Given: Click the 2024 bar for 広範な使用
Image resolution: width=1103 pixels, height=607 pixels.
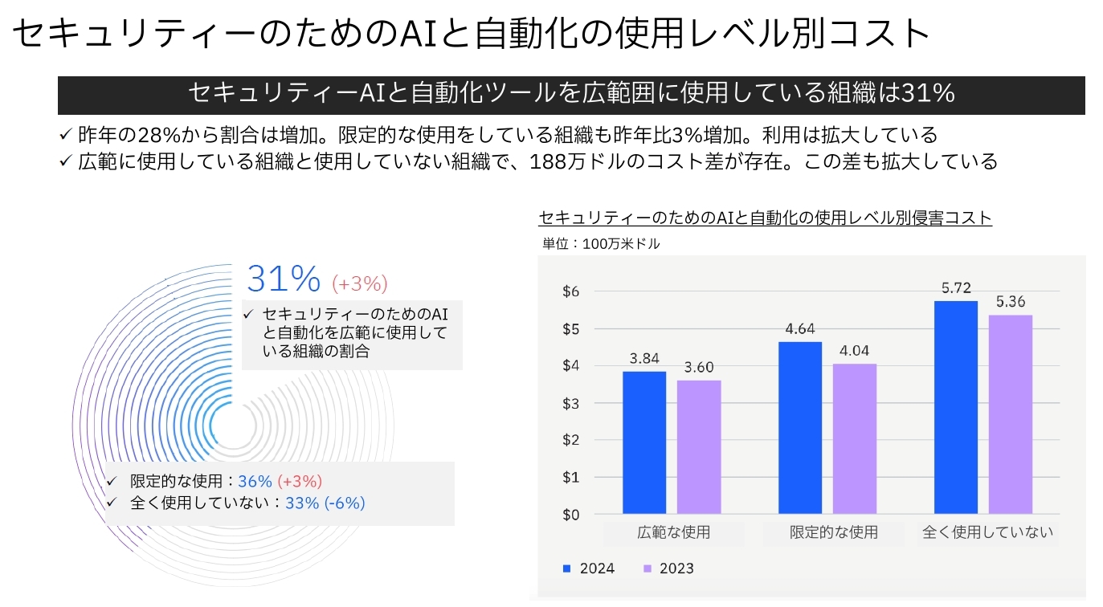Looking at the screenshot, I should pyautogui.click(x=644, y=442).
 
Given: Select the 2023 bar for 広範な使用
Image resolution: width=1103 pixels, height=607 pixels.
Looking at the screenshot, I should pyautogui.click(x=699, y=447).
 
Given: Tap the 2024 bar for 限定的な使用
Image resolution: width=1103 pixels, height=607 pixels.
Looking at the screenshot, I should pyautogui.click(x=800, y=428).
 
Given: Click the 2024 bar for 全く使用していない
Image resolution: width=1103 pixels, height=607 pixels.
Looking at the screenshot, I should pyautogui.click(x=956, y=407).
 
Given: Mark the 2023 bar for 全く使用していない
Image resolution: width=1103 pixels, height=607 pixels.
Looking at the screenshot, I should pyautogui.click(x=1011, y=414).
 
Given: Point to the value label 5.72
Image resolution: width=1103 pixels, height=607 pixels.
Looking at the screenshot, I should pyautogui.click(x=956, y=288).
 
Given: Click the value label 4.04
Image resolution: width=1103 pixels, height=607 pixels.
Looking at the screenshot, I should pyautogui.click(x=855, y=351).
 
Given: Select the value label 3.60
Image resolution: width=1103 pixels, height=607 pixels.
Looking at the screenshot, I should pyautogui.click(x=699, y=367).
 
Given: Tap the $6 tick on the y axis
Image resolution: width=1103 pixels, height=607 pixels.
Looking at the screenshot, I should pyautogui.click(x=569, y=291).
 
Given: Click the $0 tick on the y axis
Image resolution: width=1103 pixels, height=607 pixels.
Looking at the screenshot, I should pyautogui.click(x=569, y=515).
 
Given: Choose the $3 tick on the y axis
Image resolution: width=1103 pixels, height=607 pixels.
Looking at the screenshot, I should pyautogui.click(x=569, y=403).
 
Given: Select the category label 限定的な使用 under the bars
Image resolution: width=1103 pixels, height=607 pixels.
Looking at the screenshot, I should pyautogui.click(x=833, y=532).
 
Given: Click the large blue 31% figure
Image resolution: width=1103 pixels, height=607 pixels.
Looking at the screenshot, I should pyautogui.click(x=284, y=279).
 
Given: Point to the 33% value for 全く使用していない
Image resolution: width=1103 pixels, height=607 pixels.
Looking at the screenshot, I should pyautogui.click(x=302, y=503).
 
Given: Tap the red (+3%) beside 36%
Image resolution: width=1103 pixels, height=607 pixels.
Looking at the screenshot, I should pyautogui.click(x=300, y=482).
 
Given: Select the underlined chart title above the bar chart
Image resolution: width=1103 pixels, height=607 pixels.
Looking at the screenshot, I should pyautogui.click(x=765, y=218).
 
